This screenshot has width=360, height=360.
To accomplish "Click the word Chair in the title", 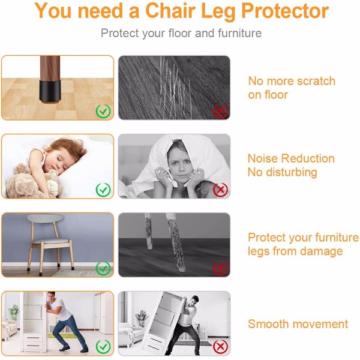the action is pos(171,11).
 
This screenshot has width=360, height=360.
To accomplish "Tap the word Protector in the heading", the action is pos(285,11).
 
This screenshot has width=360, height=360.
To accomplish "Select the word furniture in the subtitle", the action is pos(239,33).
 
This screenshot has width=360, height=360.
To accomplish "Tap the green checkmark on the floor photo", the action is pos(103,111).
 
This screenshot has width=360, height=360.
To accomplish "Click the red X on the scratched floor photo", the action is pos(220,111).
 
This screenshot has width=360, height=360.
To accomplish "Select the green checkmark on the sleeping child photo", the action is pos(103,190).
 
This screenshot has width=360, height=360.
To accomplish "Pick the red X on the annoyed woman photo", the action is pos(220,190).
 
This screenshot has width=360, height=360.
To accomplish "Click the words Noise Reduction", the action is pos(291,158).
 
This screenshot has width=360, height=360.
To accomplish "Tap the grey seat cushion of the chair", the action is pos(51,241).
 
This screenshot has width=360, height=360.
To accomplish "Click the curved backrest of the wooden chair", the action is pos(45,218).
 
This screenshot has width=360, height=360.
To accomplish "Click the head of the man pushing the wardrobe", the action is pos(51,296).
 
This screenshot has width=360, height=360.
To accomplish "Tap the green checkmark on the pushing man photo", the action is pos(103,347).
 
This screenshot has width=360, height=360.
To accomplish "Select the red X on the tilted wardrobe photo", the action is pos(220,347).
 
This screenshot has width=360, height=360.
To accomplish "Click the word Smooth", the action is pos(268,324).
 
